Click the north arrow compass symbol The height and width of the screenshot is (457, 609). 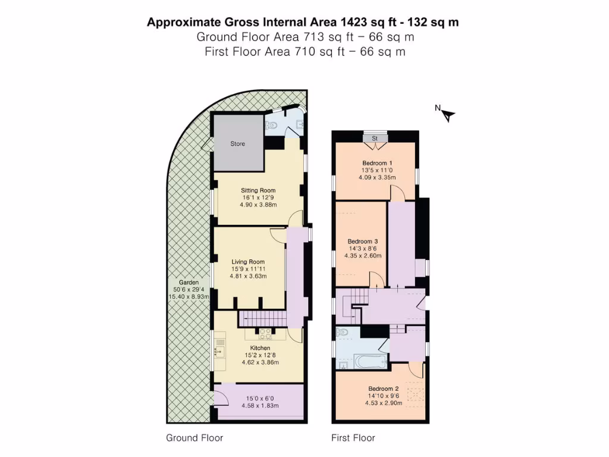[447, 114]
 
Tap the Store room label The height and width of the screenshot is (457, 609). [237, 143]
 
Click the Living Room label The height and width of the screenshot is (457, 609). [249, 261]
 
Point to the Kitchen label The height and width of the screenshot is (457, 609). [260, 348]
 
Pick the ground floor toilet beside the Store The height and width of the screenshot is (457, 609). [272, 126]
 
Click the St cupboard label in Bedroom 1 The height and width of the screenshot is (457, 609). [375, 138]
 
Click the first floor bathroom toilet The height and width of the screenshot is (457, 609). [343, 332]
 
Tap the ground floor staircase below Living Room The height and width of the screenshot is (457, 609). [262, 318]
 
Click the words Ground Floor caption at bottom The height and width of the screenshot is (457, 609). [194, 438]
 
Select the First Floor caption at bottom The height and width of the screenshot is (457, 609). [353, 438]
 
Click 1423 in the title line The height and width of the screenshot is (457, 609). [353, 23]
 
